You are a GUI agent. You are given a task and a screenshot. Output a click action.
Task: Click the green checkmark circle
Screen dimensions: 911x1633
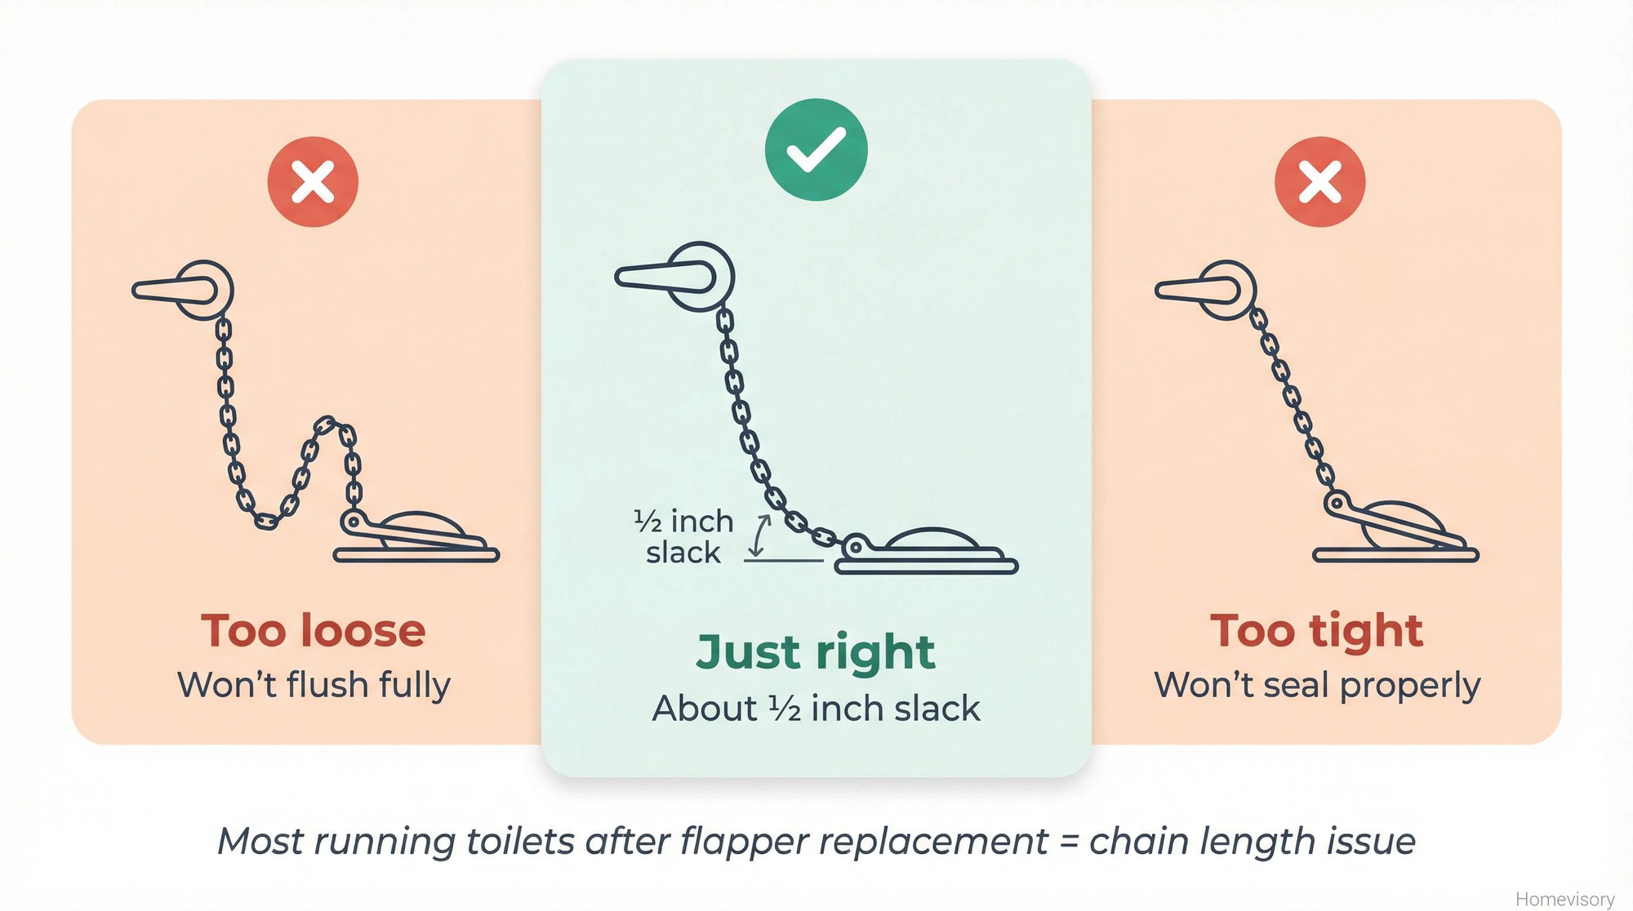(x=816, y=149)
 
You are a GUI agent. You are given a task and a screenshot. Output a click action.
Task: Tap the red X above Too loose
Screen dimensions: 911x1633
(x=313, y=181)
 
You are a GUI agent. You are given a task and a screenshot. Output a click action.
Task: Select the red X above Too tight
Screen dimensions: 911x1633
(x=1319, y=181)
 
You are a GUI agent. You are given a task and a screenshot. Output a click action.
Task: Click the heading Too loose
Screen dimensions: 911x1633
(x=314, y=631)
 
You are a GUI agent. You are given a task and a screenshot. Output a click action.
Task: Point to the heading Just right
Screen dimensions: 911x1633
(x=816, y=652)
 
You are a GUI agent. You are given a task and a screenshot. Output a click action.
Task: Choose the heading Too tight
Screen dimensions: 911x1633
(x=1316, y=631)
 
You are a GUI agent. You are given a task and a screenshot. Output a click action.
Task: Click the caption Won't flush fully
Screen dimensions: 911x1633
(x=314, y=685)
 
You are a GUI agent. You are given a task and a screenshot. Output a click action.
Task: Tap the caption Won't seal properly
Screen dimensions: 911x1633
(x=1316, y=685)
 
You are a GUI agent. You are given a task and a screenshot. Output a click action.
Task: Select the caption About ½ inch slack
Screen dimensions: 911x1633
(x=816, y=709)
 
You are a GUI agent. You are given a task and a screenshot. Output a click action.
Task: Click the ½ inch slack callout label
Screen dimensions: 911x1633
(x=684, y=536)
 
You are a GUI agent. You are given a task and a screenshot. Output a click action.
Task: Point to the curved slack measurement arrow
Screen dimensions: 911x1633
(x=760, y=535)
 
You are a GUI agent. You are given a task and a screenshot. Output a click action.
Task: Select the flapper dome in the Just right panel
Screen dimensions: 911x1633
(x=932, y=539)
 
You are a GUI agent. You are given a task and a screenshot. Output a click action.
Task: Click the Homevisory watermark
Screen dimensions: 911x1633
(x=1564, y=899)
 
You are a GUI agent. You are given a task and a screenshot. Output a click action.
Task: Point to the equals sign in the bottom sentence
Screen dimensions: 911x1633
(x=1068, y=842)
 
